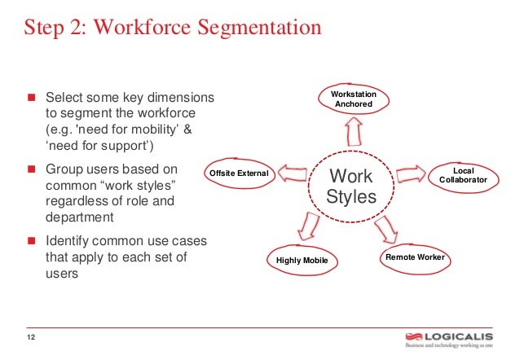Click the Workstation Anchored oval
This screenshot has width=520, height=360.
(x=354, y=99)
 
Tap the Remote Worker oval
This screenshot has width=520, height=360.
(x=415, y=257)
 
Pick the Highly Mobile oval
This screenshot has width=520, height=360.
(x=301, y=260)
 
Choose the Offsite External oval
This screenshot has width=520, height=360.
(x=239, y=173)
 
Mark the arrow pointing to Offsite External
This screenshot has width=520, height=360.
(x=292, y=172)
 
